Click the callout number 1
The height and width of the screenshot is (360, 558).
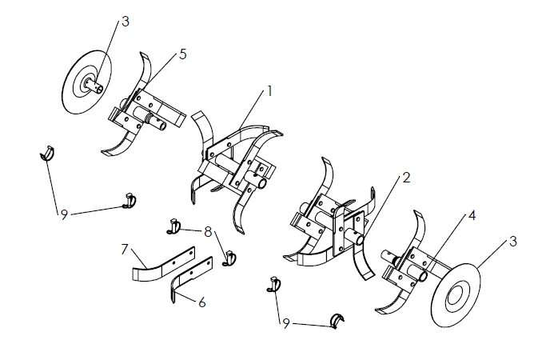tap(270, 91)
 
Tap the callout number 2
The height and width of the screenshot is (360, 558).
tap(406, 178)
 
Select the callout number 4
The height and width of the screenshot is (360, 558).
tap(472, 216)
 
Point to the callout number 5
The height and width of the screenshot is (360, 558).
tap(183, 54)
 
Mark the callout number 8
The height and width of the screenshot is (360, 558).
tap(208, 232)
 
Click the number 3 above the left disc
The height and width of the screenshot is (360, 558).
tap(125, 22)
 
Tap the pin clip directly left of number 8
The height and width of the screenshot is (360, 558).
tap(174, 226)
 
